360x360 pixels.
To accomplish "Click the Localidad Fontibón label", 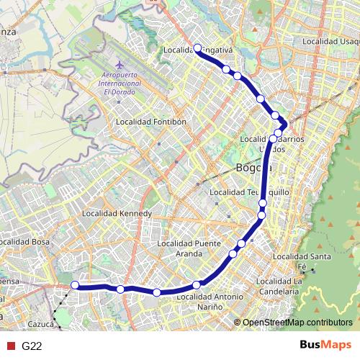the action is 151,122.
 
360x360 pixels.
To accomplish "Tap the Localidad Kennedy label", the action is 117,214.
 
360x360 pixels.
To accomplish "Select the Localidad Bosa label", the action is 25,242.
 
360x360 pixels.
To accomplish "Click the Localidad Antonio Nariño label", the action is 210,301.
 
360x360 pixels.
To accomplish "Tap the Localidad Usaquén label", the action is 330,41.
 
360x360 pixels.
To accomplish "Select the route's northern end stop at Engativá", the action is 197,48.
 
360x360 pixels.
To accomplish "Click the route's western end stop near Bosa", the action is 75,285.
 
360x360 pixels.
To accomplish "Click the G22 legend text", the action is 32,346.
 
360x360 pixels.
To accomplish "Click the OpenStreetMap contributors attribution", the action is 297,323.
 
